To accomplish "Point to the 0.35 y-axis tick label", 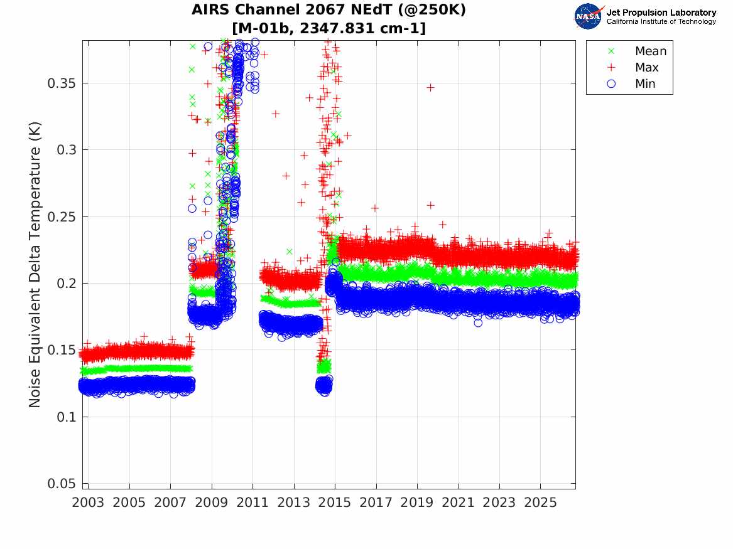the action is click(x=61, y=83).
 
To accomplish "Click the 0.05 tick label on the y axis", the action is click(x=61, y=484).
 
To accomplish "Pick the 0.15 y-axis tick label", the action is click(x=61, y=350).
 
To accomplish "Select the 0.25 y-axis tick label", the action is click(x=61, y=217).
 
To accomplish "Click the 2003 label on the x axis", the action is click(x=88, y=503).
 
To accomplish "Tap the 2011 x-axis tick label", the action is click(x=252, y=503).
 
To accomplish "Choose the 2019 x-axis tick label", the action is click(x=417, y=503).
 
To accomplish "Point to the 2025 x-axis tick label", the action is click(x=540, y=503).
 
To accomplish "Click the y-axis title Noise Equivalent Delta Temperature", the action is click(x=35, y=265).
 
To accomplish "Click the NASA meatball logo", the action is click(x=589, y=16).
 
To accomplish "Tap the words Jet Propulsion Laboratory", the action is click(x=661, y=13).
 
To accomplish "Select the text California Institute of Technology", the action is click(x=661, y=21).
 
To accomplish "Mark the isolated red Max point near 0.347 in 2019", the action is click(x=430, y=87).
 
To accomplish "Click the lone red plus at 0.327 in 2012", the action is click(x=276, y=114).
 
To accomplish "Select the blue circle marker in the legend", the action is click(x=611, y=84).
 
